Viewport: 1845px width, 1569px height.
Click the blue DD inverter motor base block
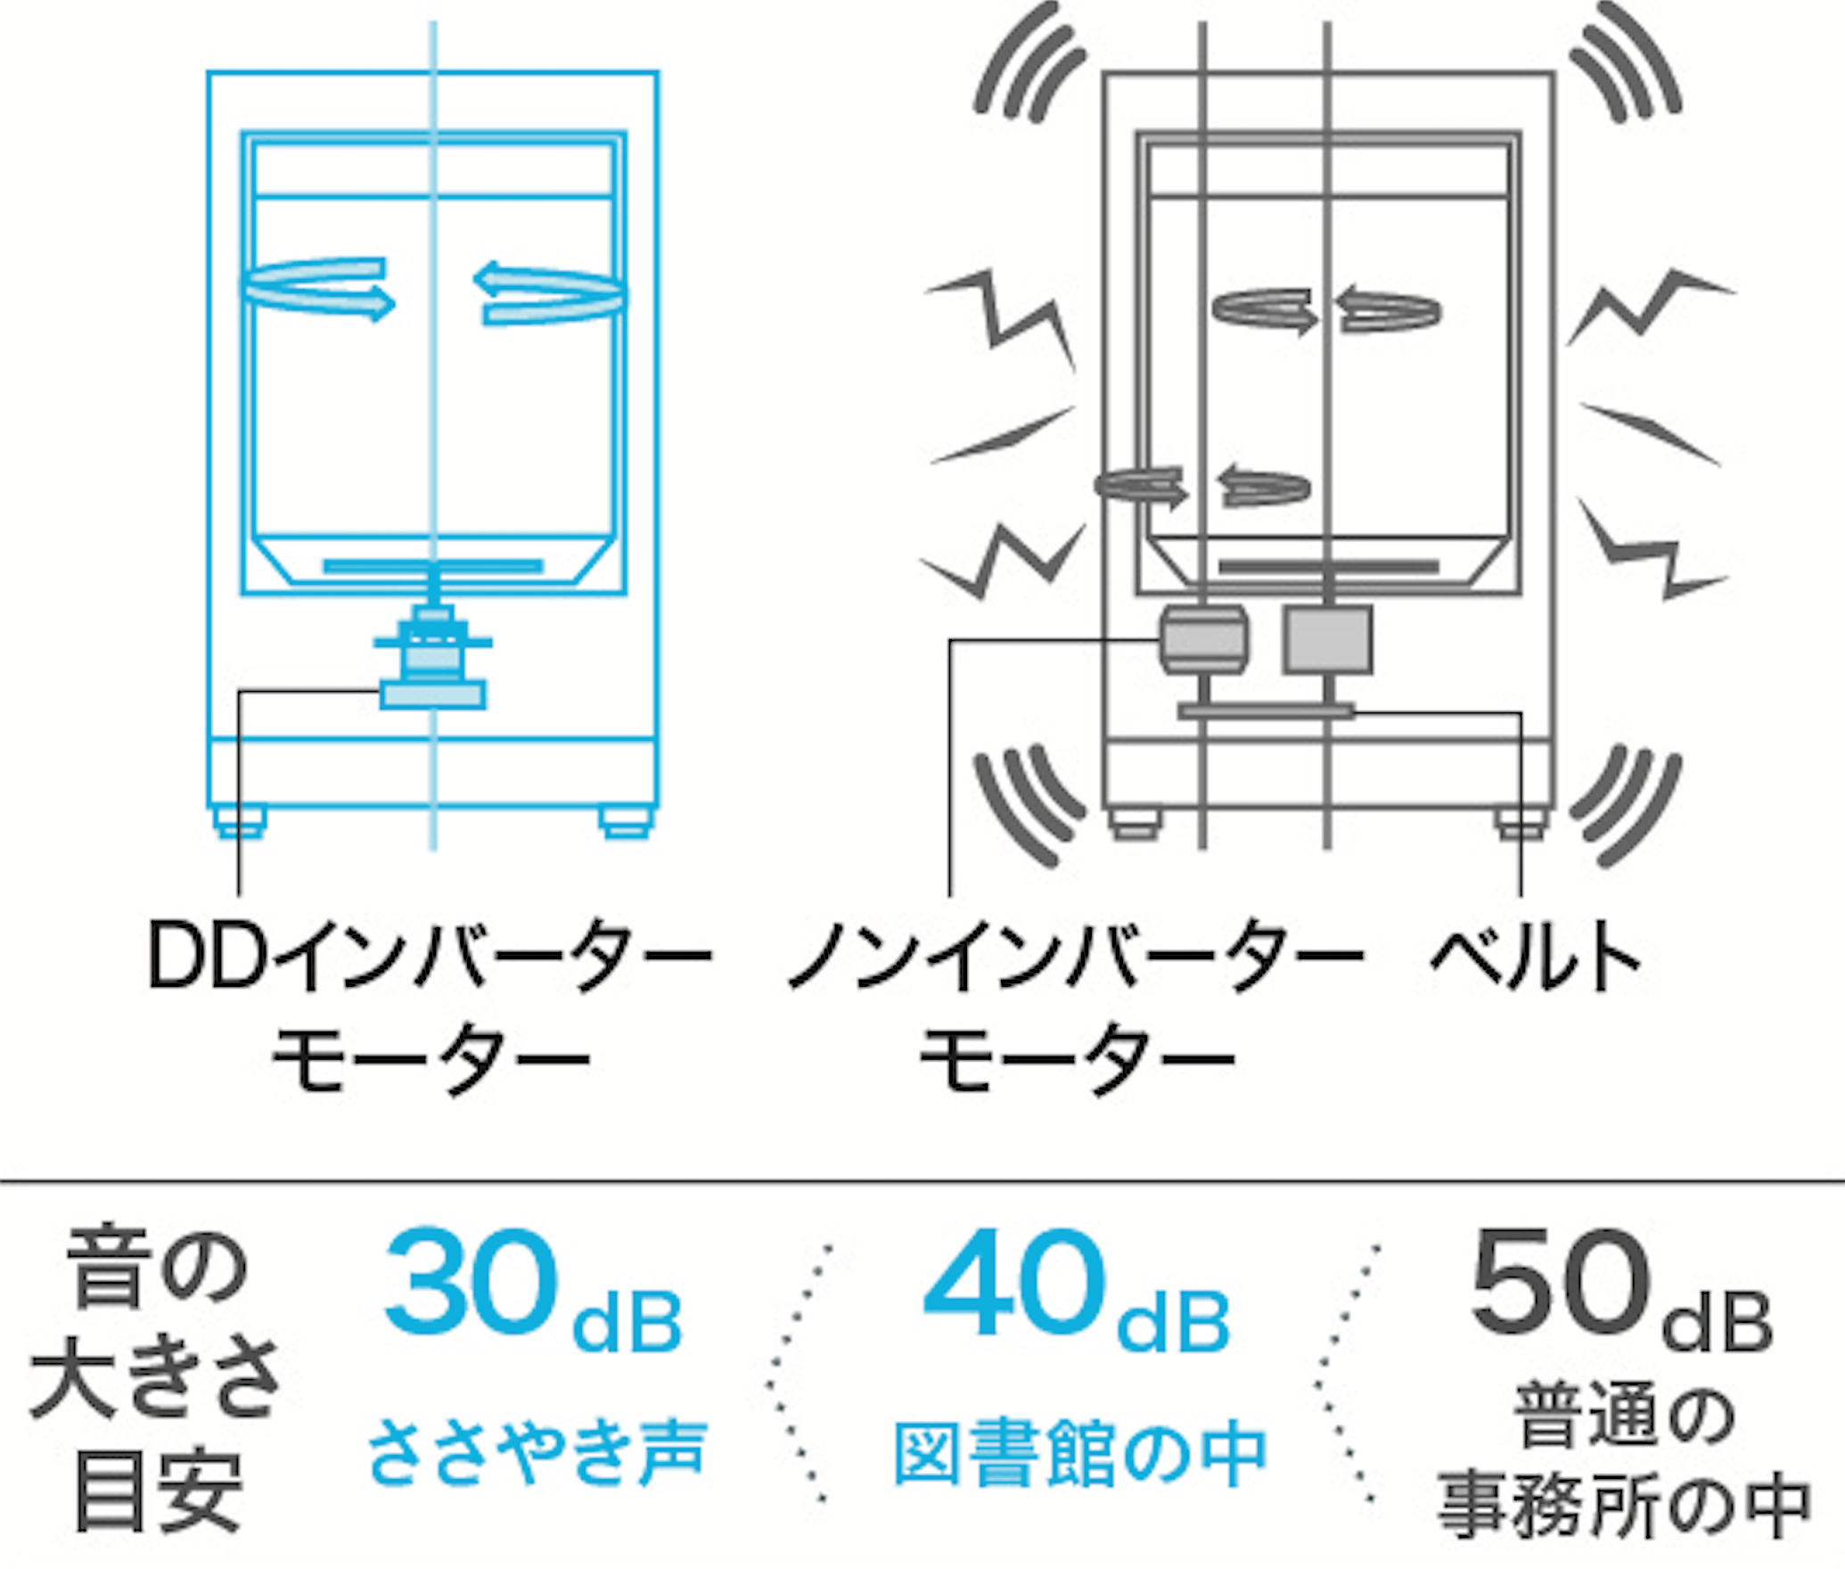[433, 694]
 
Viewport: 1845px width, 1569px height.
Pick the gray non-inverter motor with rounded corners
[1203, 638]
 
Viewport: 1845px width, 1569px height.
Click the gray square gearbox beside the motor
[1327, 640]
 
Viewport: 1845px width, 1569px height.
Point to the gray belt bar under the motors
[1266, 711]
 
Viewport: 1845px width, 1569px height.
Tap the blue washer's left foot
[241, 823]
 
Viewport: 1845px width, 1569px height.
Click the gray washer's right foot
[1521, 823]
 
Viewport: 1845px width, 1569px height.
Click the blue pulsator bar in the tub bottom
[433, 566]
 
